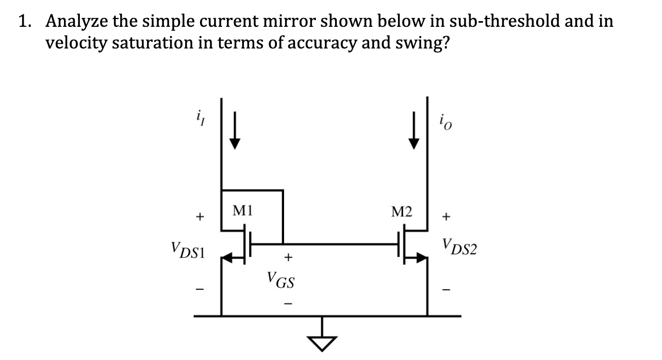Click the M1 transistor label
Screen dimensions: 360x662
click(x=242, y=210)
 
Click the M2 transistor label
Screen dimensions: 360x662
click(x=402, y=211)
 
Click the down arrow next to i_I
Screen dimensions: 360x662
click(x=235, y=134)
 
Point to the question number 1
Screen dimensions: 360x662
click(x=24, y=22)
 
